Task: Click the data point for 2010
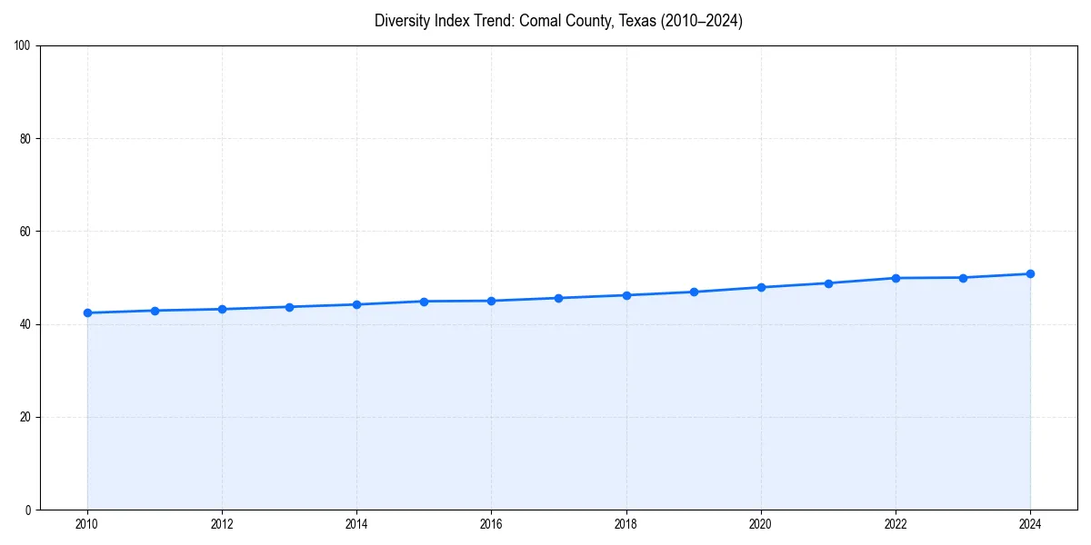click(87, 312)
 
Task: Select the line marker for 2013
click(289, 307)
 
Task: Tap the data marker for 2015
click(424, 301)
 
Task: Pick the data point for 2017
click(558, 298)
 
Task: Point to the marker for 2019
click(694, 292)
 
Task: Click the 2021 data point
click(828, 283)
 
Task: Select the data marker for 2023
click(963, 278)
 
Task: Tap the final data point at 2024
click(1030, 273)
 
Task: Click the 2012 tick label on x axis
click(222, 524)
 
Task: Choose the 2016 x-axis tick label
click(491, 524)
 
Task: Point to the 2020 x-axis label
click(761, 524)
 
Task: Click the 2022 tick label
click(896, 524)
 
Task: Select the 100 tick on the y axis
click(23, 46)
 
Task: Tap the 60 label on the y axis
click(25, 232)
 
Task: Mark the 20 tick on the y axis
click(25, 417)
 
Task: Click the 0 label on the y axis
click(28, 510)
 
